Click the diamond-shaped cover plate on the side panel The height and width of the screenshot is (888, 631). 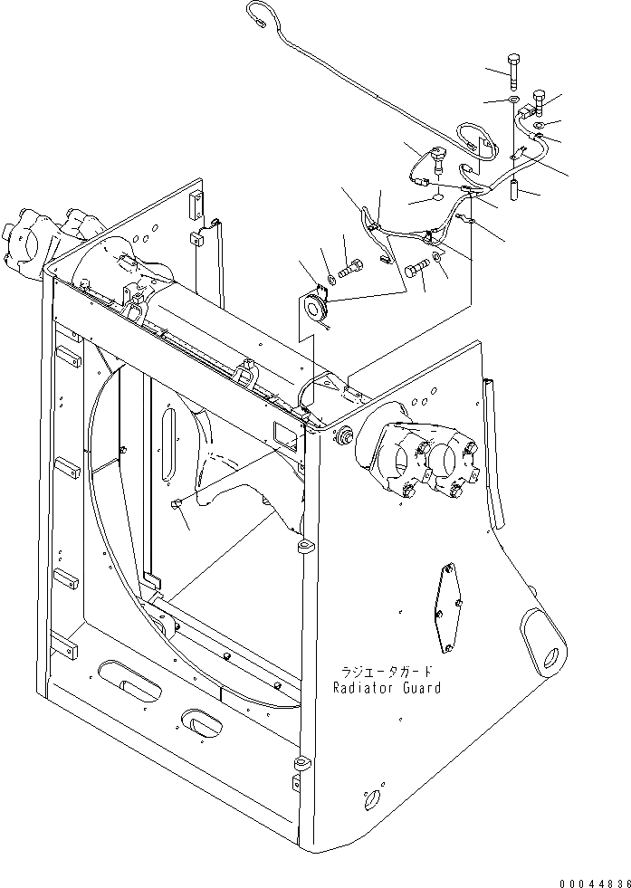pos(448,607)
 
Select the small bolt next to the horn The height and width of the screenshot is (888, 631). pos(350,268)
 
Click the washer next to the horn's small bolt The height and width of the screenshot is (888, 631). pos(331,279)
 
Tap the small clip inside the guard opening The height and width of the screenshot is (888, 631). pos(176,503)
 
